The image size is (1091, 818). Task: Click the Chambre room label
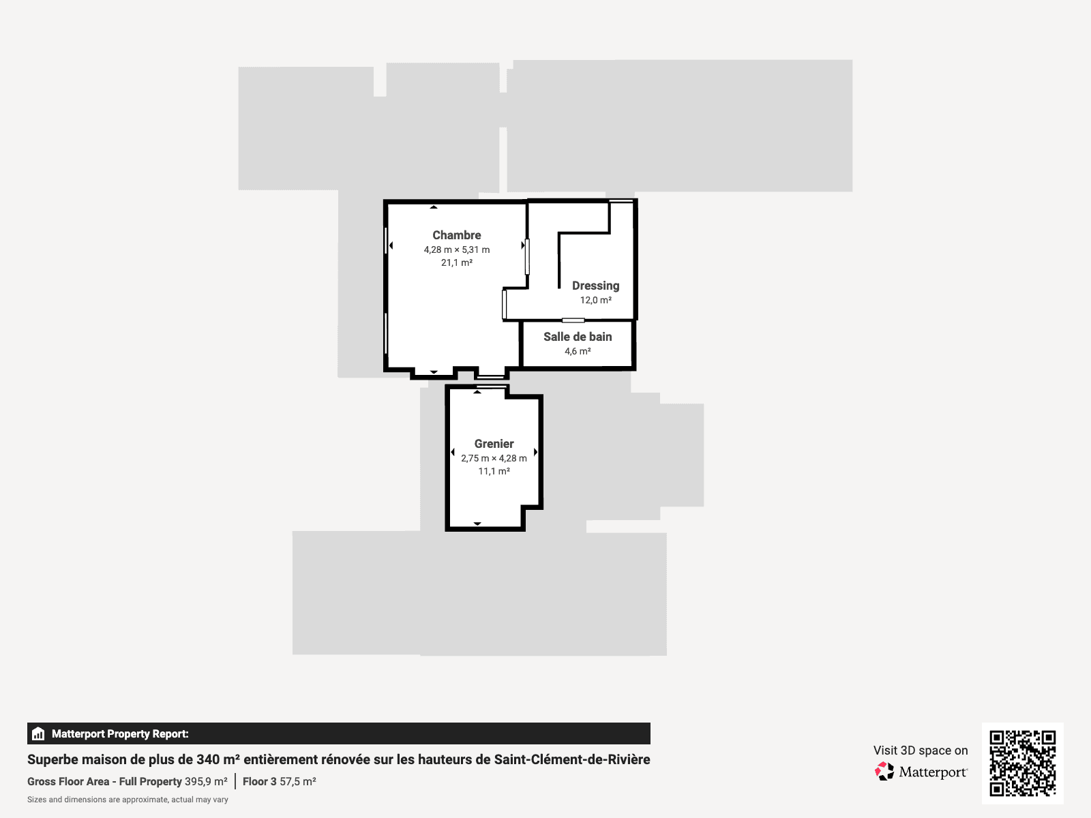[x=456, y=235]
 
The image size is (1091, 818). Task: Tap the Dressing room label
[x=595, y=286]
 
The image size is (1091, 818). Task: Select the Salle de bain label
[x=578, y=337]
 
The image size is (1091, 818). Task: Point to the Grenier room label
[x=494, y=444]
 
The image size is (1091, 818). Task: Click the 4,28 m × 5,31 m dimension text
[x=456, y=249]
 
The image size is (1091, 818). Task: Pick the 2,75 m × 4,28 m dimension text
[x=494, y=458]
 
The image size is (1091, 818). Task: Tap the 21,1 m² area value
[x=456, y=262]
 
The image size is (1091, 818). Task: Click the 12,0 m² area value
[x=595, y=300]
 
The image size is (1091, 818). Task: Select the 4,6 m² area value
[x=578, y=351]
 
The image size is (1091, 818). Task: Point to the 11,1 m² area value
[x=494, y=471]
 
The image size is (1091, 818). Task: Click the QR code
[x=1022, y=763]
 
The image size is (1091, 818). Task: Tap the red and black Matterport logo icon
[x=884, y=772]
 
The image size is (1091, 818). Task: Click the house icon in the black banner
[x=38, y=733]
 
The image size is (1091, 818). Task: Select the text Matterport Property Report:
[x=120, y=733]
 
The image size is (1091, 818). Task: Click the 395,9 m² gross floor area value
[x=206, y=781]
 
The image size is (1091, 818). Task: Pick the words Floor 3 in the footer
[x=259, y=781]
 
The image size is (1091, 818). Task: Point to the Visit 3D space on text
[x=921, y=751]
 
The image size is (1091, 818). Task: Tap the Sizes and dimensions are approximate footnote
[x=128, y=800]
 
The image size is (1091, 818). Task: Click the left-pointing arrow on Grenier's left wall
[x=452, y=452]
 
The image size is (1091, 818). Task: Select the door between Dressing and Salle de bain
[x=573, y=320]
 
